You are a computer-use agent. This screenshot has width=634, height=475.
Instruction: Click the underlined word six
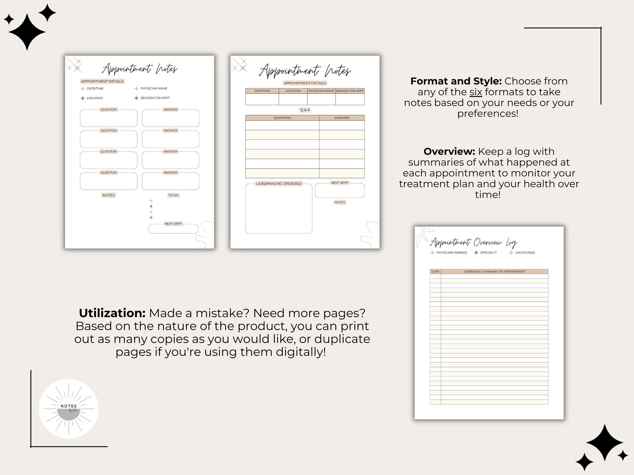475,92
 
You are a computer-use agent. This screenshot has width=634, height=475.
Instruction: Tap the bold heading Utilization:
112,313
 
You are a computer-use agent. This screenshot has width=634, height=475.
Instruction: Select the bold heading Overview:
449,152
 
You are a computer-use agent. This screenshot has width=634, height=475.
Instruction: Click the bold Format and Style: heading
456,81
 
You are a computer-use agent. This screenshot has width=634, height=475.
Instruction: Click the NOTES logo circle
69,409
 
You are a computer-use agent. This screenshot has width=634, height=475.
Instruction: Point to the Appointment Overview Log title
473,243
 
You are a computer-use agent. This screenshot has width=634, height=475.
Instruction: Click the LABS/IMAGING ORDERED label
278,183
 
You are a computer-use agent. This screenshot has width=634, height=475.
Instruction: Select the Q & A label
305,110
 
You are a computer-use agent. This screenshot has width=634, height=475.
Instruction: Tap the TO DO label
173,195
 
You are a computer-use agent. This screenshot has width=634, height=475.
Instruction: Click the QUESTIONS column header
282,118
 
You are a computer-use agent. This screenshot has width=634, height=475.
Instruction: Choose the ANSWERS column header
342,118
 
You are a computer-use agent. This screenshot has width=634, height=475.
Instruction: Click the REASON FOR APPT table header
350,91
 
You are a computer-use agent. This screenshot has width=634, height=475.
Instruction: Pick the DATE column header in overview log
435,271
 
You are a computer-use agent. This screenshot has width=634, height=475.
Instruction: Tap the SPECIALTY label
488,253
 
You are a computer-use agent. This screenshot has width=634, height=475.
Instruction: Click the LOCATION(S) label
525,253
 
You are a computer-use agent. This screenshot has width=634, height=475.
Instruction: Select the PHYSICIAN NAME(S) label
451,253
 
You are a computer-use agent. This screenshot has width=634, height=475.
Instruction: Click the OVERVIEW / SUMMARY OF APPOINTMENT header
495,271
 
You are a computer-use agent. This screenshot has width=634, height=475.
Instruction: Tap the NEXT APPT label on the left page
173,224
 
